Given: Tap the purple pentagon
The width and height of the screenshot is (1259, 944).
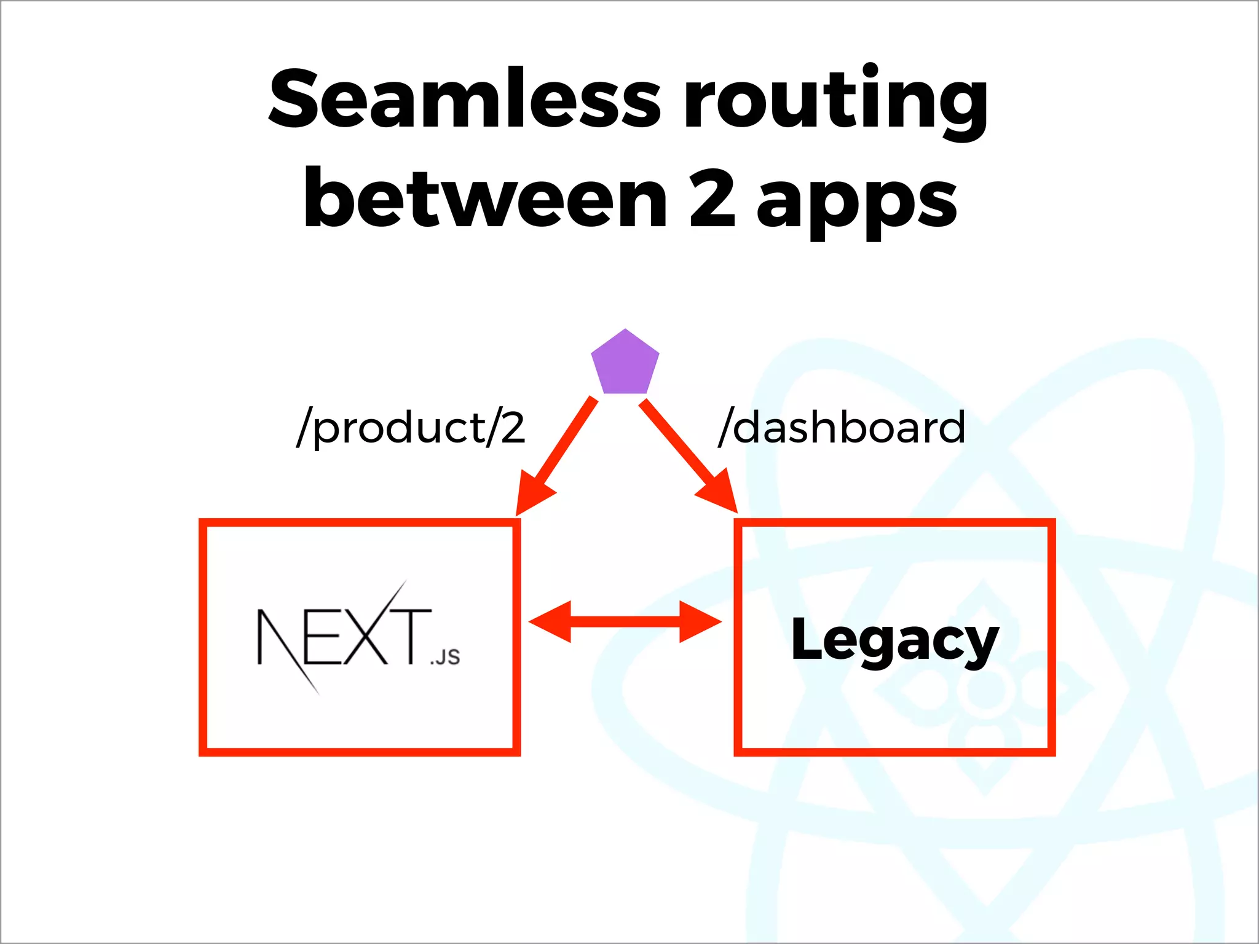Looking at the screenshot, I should pos(625,364).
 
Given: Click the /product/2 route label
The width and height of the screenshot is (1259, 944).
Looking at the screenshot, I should pos(411,428).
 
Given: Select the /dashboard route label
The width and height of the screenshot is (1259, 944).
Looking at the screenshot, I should pos(842,428).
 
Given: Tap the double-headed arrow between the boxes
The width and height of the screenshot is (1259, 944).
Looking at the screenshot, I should pos(625,622).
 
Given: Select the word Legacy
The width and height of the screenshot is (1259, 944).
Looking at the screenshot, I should pos(894,640).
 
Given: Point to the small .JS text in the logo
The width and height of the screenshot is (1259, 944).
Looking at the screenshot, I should pos(445,657).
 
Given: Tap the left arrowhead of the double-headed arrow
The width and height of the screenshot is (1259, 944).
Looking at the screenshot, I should pos(550,622).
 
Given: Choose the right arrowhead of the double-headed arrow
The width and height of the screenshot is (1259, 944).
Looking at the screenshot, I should pos(700,622).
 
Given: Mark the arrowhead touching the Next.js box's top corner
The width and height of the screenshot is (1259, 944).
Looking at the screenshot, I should pos(532,495).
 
